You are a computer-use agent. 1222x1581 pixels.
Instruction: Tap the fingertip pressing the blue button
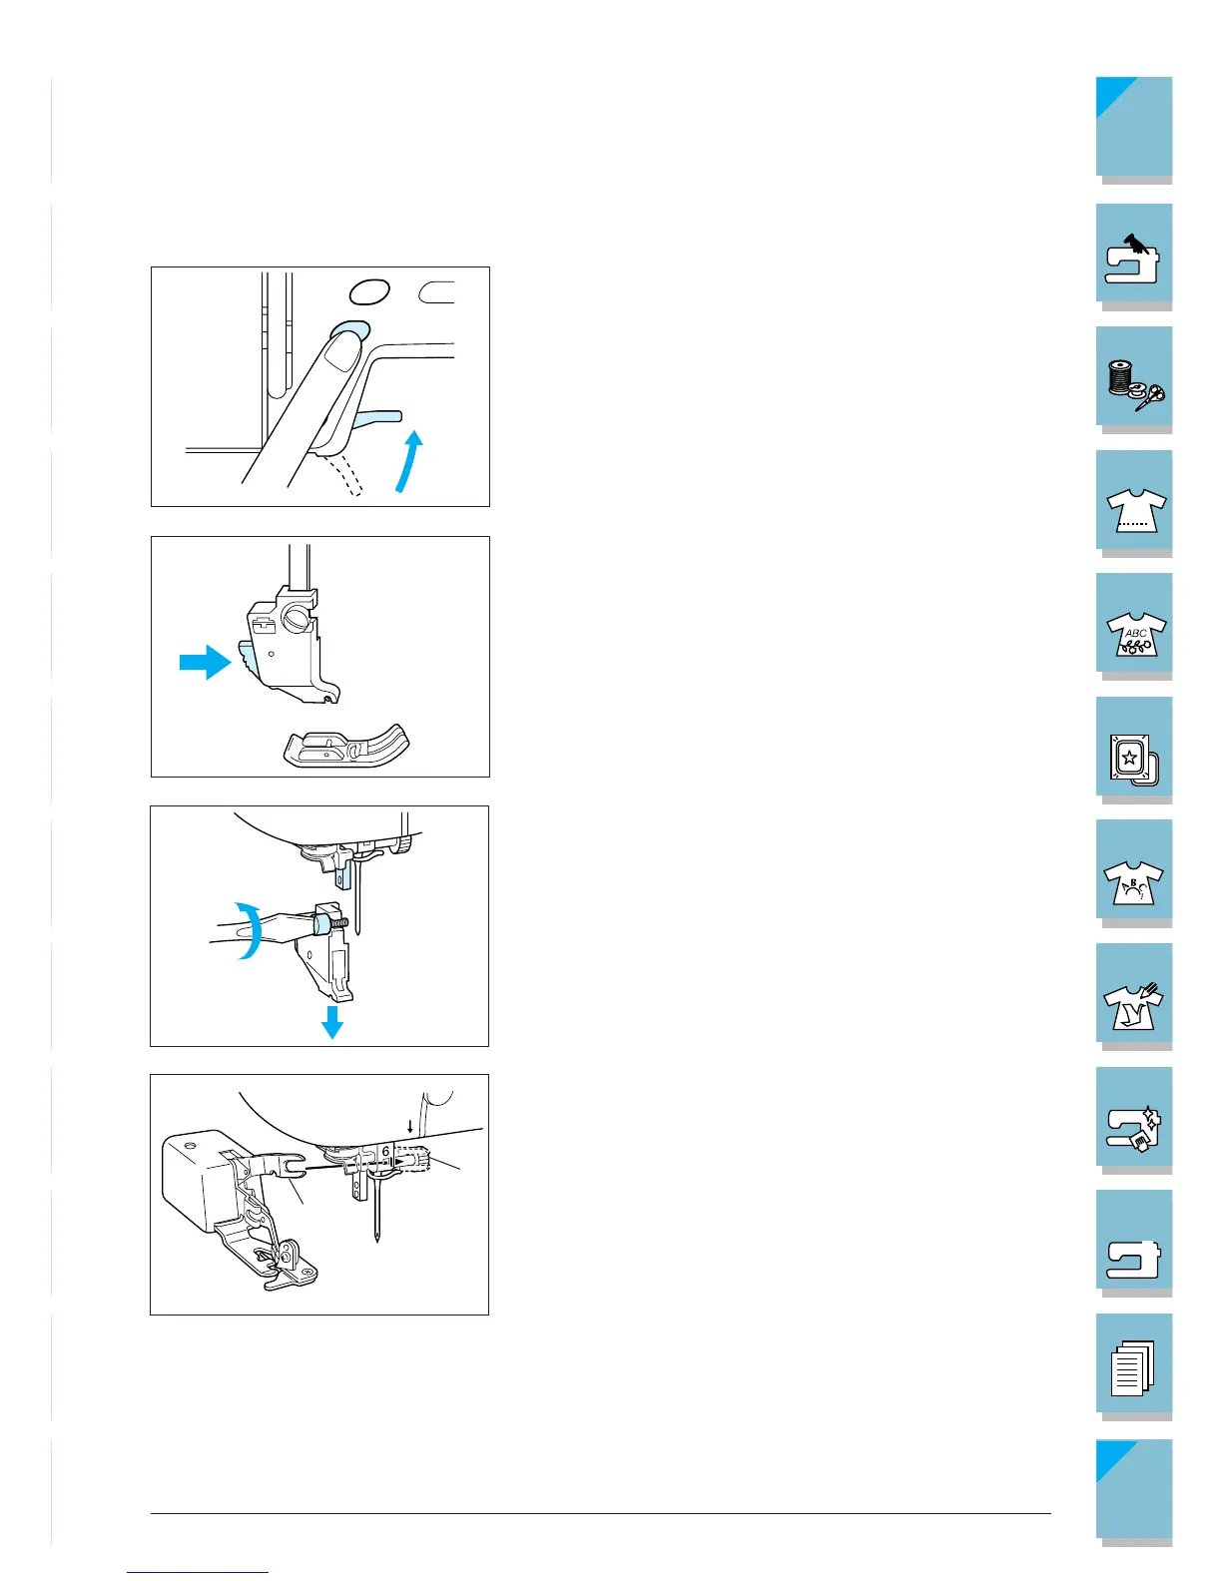point(343,349)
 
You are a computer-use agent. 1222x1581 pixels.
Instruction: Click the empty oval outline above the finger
point(369,291)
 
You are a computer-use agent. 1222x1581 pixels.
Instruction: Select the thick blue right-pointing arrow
point(206,662)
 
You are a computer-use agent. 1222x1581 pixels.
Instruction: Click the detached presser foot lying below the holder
point(346,746)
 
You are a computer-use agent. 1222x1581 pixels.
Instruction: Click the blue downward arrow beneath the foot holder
point(332,1022)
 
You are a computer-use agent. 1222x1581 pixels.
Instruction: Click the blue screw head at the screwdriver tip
point(320,925)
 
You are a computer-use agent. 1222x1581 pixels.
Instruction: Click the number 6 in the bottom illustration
point(385,1152)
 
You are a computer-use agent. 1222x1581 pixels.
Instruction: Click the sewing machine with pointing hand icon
point(1132,260)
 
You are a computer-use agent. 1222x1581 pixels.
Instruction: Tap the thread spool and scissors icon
point(1135,384)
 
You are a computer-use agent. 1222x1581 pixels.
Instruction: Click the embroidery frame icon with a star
point(1133,761)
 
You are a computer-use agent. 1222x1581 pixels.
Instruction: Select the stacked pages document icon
point(1132,1367)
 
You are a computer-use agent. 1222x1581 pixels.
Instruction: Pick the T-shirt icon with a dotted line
point(1135,510)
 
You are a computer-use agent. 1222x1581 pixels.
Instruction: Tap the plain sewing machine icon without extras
point(1133,1260)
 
